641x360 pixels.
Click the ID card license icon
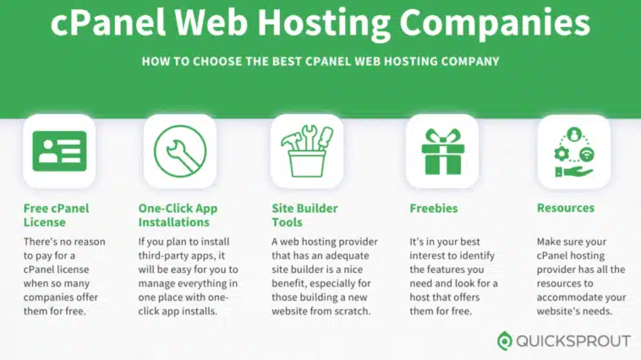pyautogui.click(x=59, y=150)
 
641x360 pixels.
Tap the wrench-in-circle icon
pyautogui.click(x=180, y=151)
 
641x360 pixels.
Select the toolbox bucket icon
pyautogui.click(x=307, y=150)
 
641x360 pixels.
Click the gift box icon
pyautogui.click(x=443, y=151)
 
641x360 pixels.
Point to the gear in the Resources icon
pyautogui.click(x=562, y=154)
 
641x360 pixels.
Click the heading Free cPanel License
pyautogui.click(x=56, y=215)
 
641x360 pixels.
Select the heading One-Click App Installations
pyautogui.click(x=178, y=215)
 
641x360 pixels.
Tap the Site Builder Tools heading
pyautogui.click(x=304, y=215)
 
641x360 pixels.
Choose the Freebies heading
pyautogui.click(x=434, y=208)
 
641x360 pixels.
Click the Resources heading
pyautogui.click(x=566, y=208)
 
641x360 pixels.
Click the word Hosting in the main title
pyautogui.click(x=323, y=24)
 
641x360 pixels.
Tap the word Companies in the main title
pyautogui.click(x=495, y=24)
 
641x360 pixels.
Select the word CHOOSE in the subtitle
pyautogui.click(x=217, y=62)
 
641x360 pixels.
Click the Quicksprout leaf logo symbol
pyautogui.click(x=505, y=341)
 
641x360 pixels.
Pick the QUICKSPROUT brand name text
pyautogui.click(x=573, y=341)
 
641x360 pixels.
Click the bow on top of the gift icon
pyautogui.click(x=443, y=136)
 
